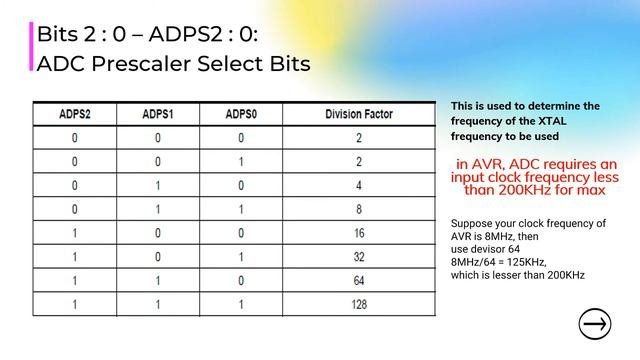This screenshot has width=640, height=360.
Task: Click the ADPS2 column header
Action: click(x=75, y=113)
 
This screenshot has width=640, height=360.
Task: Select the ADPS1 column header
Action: click(x=158, y=113)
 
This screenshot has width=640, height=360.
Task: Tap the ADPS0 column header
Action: click(x=242, y=113)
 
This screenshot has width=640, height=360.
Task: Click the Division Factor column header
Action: click(x=358, y=113)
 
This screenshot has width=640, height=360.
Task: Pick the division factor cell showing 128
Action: click(x=358, y=303)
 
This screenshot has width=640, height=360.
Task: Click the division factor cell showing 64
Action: click(x=358, y=281)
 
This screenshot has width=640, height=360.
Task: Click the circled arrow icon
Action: click(x=595, y=324)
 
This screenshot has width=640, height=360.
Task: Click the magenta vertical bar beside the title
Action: click(x=31, y=47)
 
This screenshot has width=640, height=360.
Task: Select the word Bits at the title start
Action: click(x=58, y=34)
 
